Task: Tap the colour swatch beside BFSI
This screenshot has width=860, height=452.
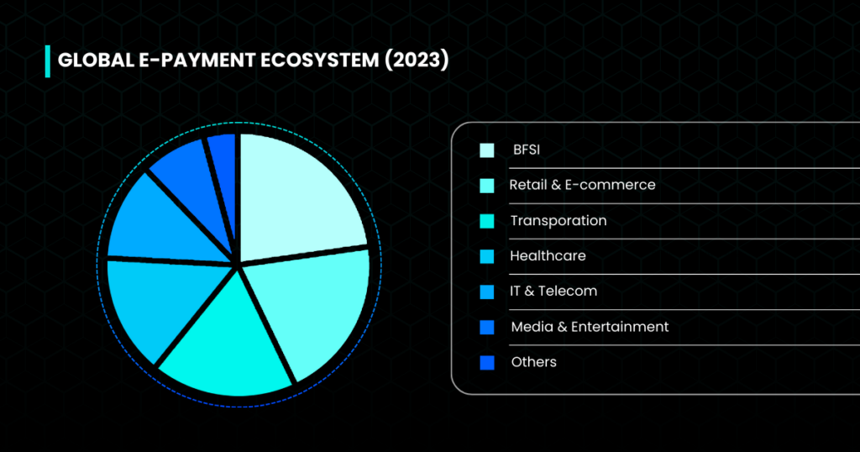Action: [487, 150]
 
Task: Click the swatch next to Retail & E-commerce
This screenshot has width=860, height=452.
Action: [487, 186]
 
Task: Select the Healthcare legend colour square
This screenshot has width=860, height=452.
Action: [487, 256]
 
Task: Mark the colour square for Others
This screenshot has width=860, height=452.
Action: [487, 363]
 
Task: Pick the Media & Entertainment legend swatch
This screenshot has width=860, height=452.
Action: [487, 327]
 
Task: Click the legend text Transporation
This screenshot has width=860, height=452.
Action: [558, 220]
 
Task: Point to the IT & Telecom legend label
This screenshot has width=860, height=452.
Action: [553, 291]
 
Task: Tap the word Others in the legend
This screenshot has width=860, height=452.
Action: [533, 362]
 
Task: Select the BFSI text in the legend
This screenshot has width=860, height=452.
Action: [527, 150]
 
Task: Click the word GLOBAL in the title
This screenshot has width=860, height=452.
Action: [96, 60]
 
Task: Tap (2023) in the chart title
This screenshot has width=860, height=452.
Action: [417, 60]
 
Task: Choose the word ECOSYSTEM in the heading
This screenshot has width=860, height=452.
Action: [319, 60]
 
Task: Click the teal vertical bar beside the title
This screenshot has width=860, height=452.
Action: [48, 61]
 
